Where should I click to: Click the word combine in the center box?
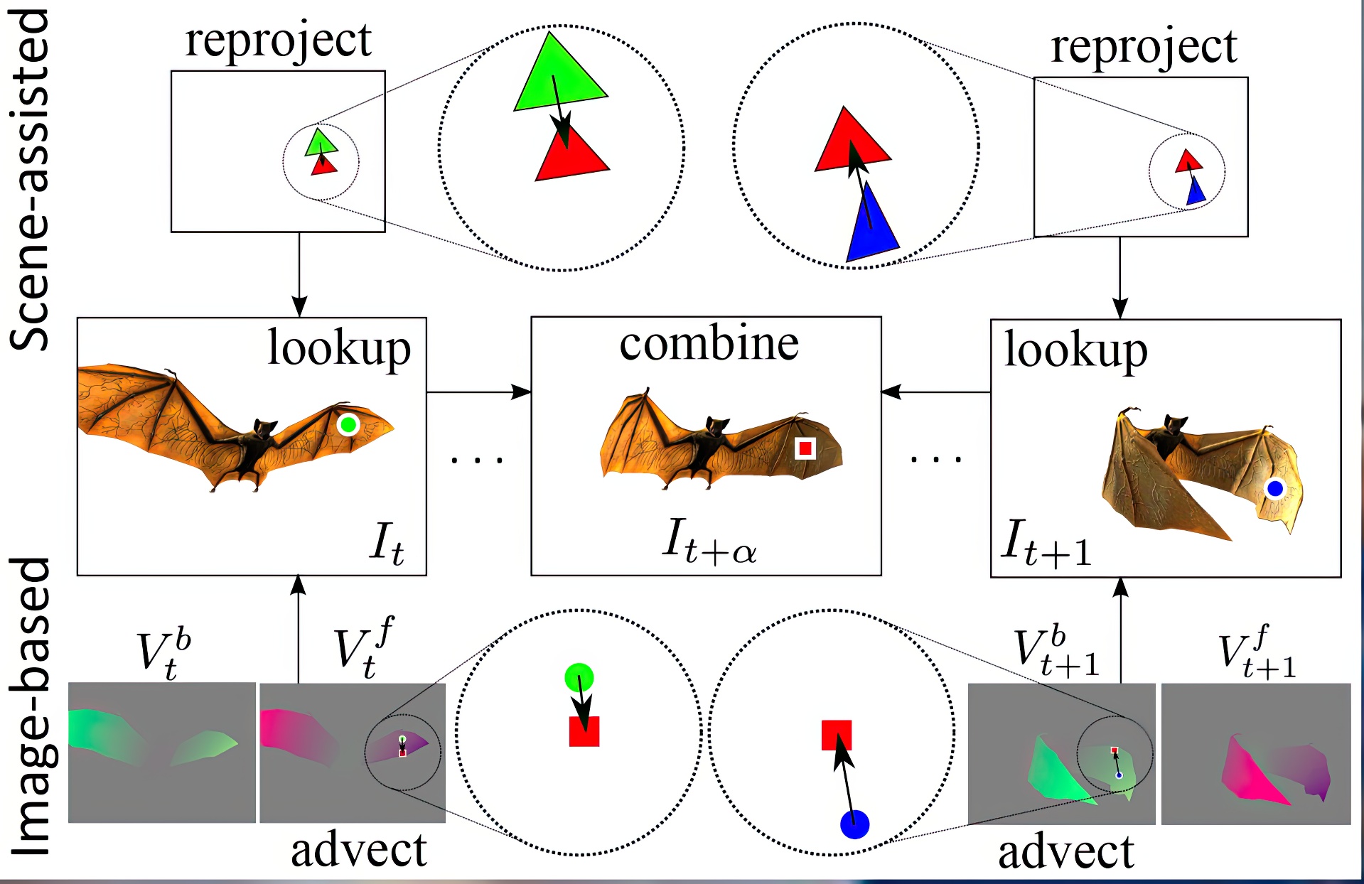tap(709, 344)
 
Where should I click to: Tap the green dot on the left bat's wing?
tap(348, 425)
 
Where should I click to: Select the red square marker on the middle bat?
tap(805, 448)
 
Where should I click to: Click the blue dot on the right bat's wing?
tap(1274, 488)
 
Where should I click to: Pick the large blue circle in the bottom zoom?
tap(854, 824)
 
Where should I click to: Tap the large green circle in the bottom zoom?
tap(579, 677)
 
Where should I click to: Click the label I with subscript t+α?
tap(709, 541)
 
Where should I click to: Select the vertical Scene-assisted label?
tap(30, 178)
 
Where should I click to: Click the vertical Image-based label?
tap(30, 707)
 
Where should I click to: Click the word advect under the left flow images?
tap(359, 850)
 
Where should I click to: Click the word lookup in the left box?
tap(339, 348)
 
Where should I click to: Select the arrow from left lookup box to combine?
tap(478, 392)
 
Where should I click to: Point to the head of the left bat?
tap(264, 429)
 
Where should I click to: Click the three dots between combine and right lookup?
tap(936, 460)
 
